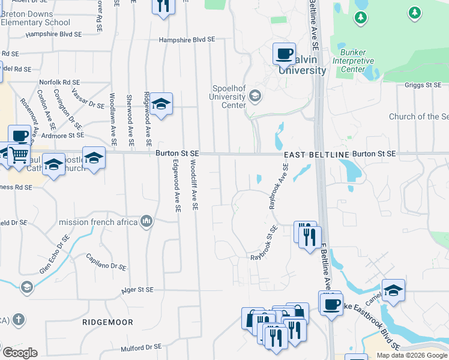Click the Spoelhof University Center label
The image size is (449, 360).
pyautogui.click(x=228, y=97)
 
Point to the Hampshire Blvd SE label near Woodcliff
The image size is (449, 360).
pyautogui.click(x=187, y=40)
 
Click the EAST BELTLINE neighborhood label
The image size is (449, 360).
pyautogui.click(x=316, y=155)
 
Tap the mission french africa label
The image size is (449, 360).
pyautogui.click(x=98, y=223)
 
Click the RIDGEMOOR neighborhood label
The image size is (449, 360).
pyautogui.click(x=108, y=322)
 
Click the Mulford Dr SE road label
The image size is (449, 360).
pyautogui.click(x=141, y=347)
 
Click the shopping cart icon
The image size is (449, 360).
pyautogui.click(x=19, y=154)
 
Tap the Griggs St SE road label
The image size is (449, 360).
pyautogui.click(x=423, y=86)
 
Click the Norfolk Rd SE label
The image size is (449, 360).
pyautogui.click(x=59, y=82)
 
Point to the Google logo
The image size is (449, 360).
pyautogui.click(x=20, y=353)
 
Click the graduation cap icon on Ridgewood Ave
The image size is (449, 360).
pyautogui.click(x=161, y=104)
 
